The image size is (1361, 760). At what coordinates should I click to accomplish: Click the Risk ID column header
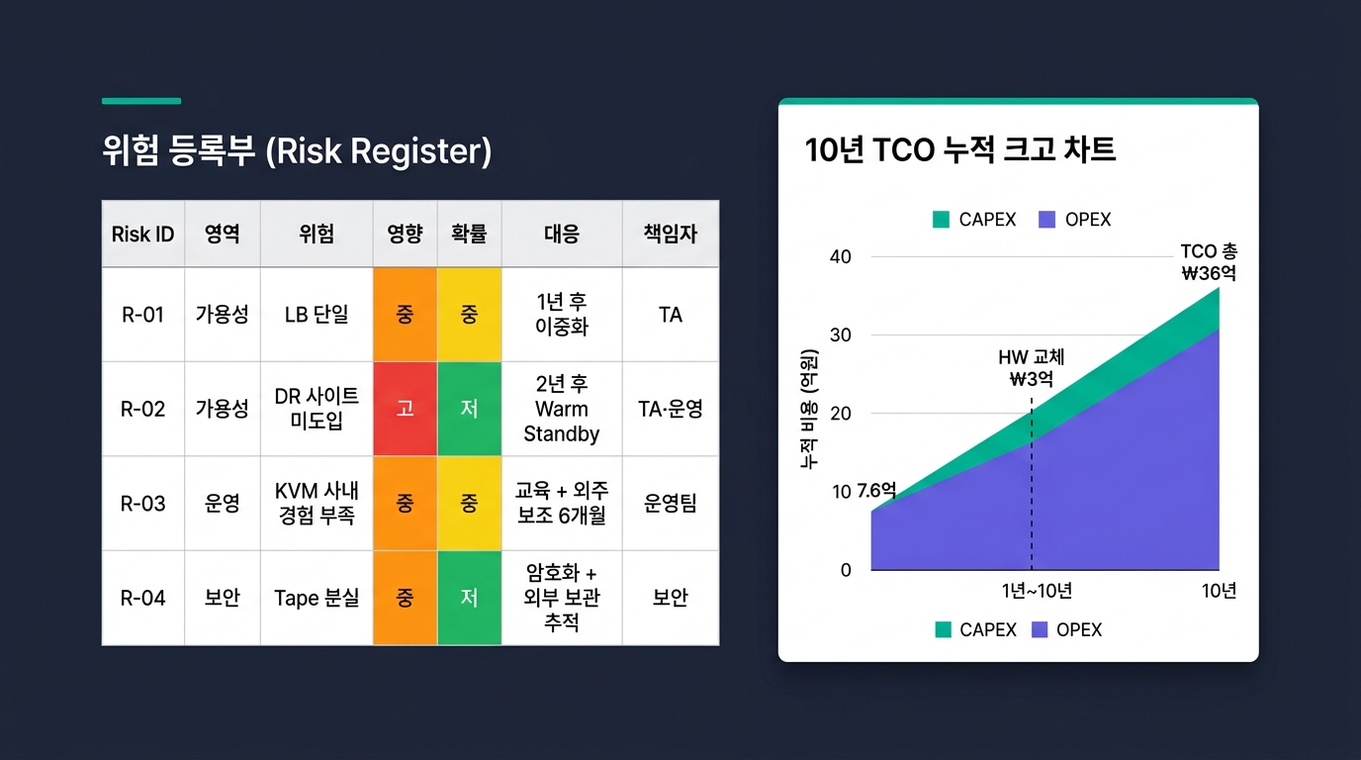[x=142, y=235]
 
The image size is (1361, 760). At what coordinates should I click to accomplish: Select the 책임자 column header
[x=671, y=235]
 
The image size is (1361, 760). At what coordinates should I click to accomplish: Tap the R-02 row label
[x=142, y=409]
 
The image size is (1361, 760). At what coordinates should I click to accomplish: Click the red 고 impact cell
[x=406, y=409]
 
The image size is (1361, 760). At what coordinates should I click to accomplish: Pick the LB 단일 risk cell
[x=317, y=315]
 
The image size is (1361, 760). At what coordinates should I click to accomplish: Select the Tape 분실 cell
[x=317, y=598]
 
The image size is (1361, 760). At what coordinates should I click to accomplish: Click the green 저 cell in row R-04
[x=469, y=598]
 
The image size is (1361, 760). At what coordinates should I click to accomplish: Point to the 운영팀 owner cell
[x=671, y=504]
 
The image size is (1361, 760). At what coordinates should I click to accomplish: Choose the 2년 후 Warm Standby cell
[x=562, y=409]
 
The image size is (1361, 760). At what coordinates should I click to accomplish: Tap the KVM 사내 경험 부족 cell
[x=317, y=504]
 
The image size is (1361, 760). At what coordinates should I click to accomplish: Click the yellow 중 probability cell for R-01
[x=469, y=315]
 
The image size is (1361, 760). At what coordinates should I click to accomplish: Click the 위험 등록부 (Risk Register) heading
[x=297, y=150]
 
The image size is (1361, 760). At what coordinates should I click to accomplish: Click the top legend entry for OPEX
[x=1074, y=220]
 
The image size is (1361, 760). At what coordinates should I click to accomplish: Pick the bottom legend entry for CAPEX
[x=976, y=630]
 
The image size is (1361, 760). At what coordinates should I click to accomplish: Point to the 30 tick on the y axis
[x=841, y=335]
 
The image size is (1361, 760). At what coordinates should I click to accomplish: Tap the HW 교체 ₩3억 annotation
[x=1031, y=368]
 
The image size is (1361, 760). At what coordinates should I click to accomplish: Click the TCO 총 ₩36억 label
[x=1209, y=262]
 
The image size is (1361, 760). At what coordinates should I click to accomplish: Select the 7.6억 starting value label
[x=876, y=490]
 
